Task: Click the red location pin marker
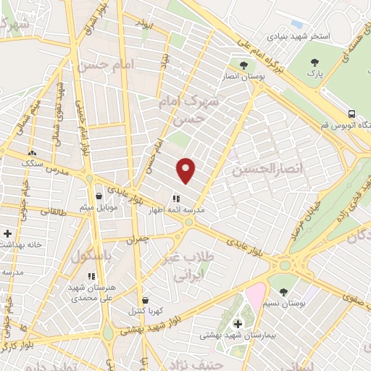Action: point(186,170)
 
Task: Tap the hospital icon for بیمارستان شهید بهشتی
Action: point(238,323)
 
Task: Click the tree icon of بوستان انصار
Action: point(243,65)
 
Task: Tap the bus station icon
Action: point(351,114)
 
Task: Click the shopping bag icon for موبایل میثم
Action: point(99,196)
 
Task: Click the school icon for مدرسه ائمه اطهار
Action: point(175,197)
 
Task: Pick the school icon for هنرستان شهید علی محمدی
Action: point(91,276)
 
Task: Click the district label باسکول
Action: point(92,256)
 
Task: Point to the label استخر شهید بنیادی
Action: point(299,36)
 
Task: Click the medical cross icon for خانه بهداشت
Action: point(7,233)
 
